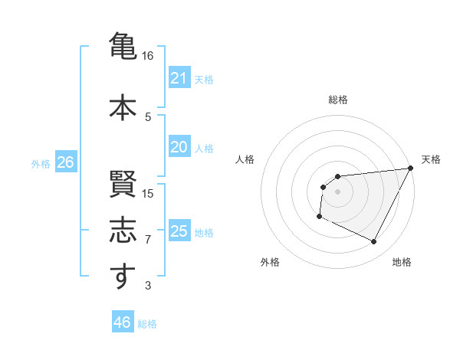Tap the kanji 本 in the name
coord(121,107)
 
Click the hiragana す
coord(121,277)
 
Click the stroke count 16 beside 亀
coord(148,56)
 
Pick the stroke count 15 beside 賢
coord(148,193)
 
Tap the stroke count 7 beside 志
coord(148,240)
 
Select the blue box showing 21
coord(179,78)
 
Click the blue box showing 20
coord(179,147)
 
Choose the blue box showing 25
coord(179,231)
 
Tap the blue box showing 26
coord(65,162)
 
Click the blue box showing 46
coord(122,322)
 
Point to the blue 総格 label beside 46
coord(147,324)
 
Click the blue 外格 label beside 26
coord(41,163)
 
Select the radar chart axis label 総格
coord(338,100)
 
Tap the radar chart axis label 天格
coord(431,159)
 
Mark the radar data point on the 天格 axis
coord(412,168)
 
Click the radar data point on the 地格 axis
coord(374,242)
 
